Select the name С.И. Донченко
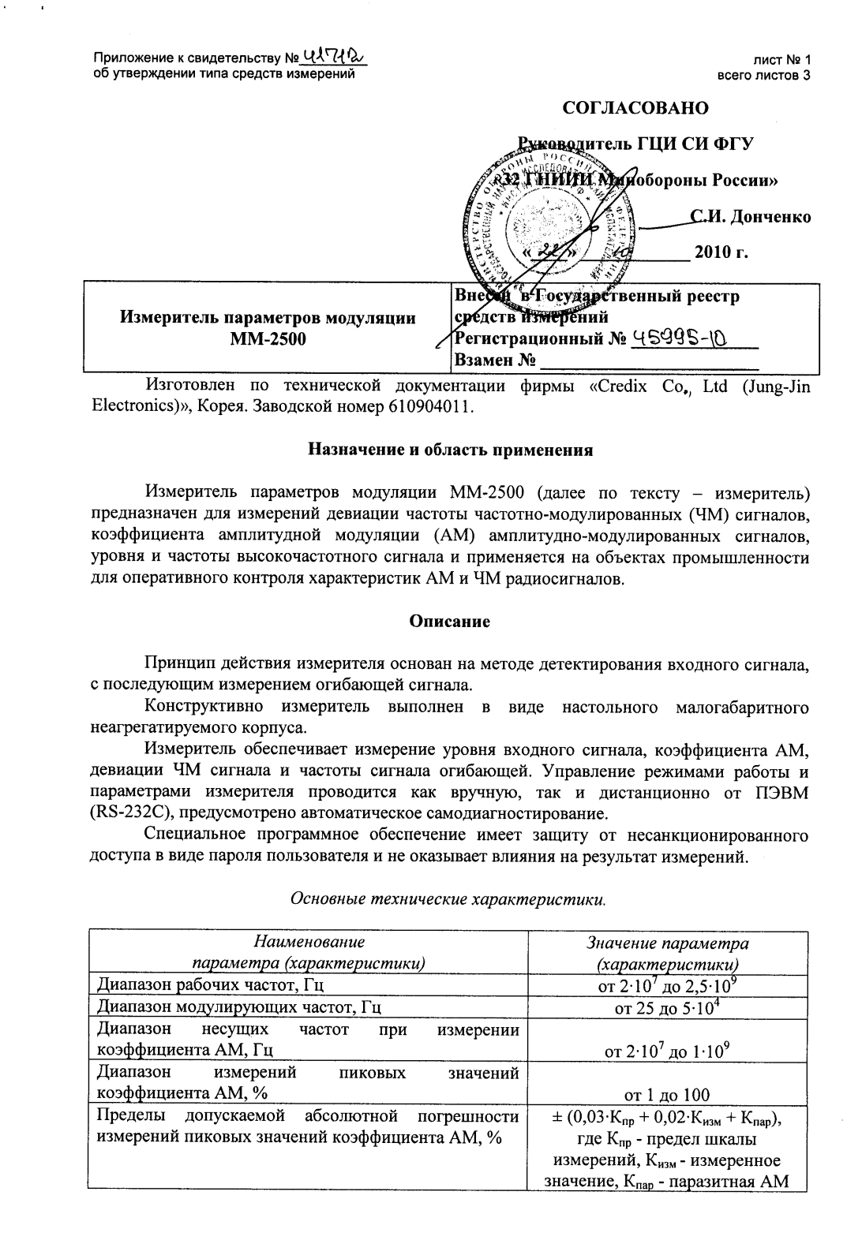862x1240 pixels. [751, 216]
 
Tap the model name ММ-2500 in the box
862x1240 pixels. [267, 340]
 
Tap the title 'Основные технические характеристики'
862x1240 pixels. [449, 898]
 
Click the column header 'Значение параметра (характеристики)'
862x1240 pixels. [668, 953]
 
